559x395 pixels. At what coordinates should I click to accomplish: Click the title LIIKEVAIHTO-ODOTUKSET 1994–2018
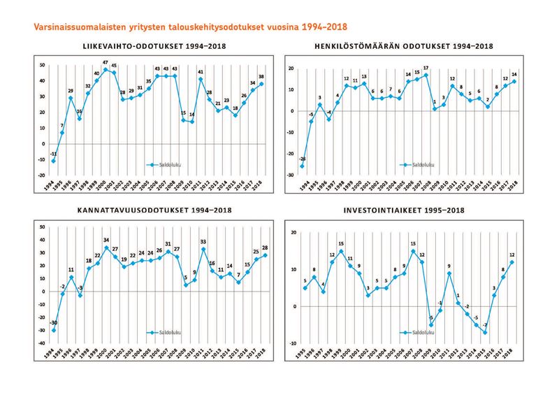point(154,47)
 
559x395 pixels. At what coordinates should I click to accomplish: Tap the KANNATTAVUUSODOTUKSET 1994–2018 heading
point(154,210)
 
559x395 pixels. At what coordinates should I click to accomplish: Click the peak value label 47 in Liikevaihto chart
point(106,63)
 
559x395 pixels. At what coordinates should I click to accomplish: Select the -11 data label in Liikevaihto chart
point(53,153)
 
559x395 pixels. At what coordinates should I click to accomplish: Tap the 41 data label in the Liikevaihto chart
point(200,72)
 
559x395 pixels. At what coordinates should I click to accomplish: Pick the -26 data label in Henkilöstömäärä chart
point(302,159)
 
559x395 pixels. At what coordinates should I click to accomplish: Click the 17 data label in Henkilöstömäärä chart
point(426,68)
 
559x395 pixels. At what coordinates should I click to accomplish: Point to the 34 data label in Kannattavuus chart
point(106,240)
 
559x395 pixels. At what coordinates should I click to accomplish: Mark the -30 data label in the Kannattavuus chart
point(54,323)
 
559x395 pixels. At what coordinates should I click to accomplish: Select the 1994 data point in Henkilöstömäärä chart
point(302,166)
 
